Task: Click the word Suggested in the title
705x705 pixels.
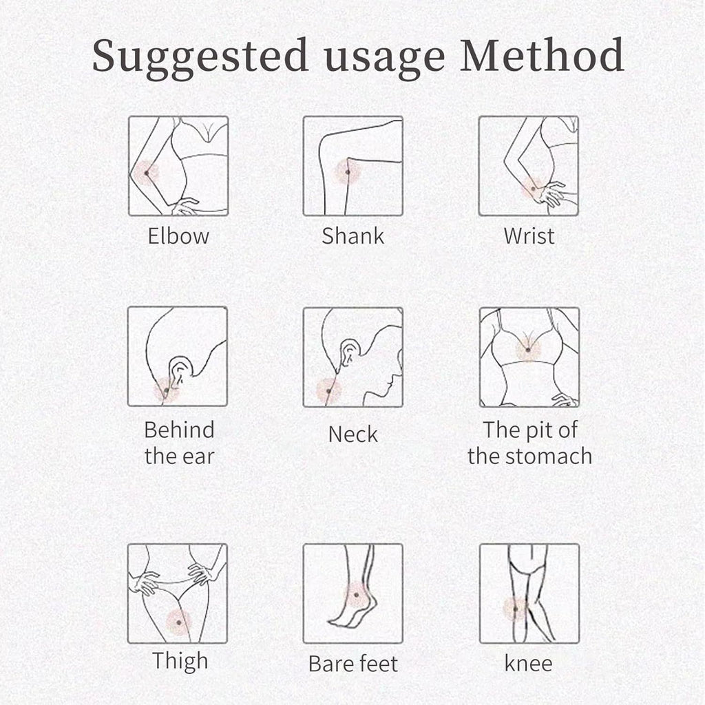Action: pos(200,57)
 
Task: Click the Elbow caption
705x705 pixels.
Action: pos(178,235)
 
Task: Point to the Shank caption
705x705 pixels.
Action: pos(353,235)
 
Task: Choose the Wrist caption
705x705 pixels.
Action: pos(529,235)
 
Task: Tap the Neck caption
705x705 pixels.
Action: pos(353,434)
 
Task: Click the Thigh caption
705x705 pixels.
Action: pos(180,662)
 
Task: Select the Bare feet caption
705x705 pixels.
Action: pos(353,664)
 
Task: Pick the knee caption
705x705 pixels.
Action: pos(528,664)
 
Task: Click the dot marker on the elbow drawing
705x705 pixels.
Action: pos(147,173)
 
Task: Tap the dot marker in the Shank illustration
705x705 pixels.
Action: pos(348,172)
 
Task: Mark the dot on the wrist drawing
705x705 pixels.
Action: pos(534,189)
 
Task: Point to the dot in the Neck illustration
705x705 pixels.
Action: pos(328,391)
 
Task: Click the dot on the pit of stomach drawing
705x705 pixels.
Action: pos(528,350)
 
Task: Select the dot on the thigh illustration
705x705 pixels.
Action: pos(179,622)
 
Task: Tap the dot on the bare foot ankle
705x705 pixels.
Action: pos(356,595)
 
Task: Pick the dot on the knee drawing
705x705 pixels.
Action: pos(516,609)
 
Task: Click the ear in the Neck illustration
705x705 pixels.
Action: pos(348,352)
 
